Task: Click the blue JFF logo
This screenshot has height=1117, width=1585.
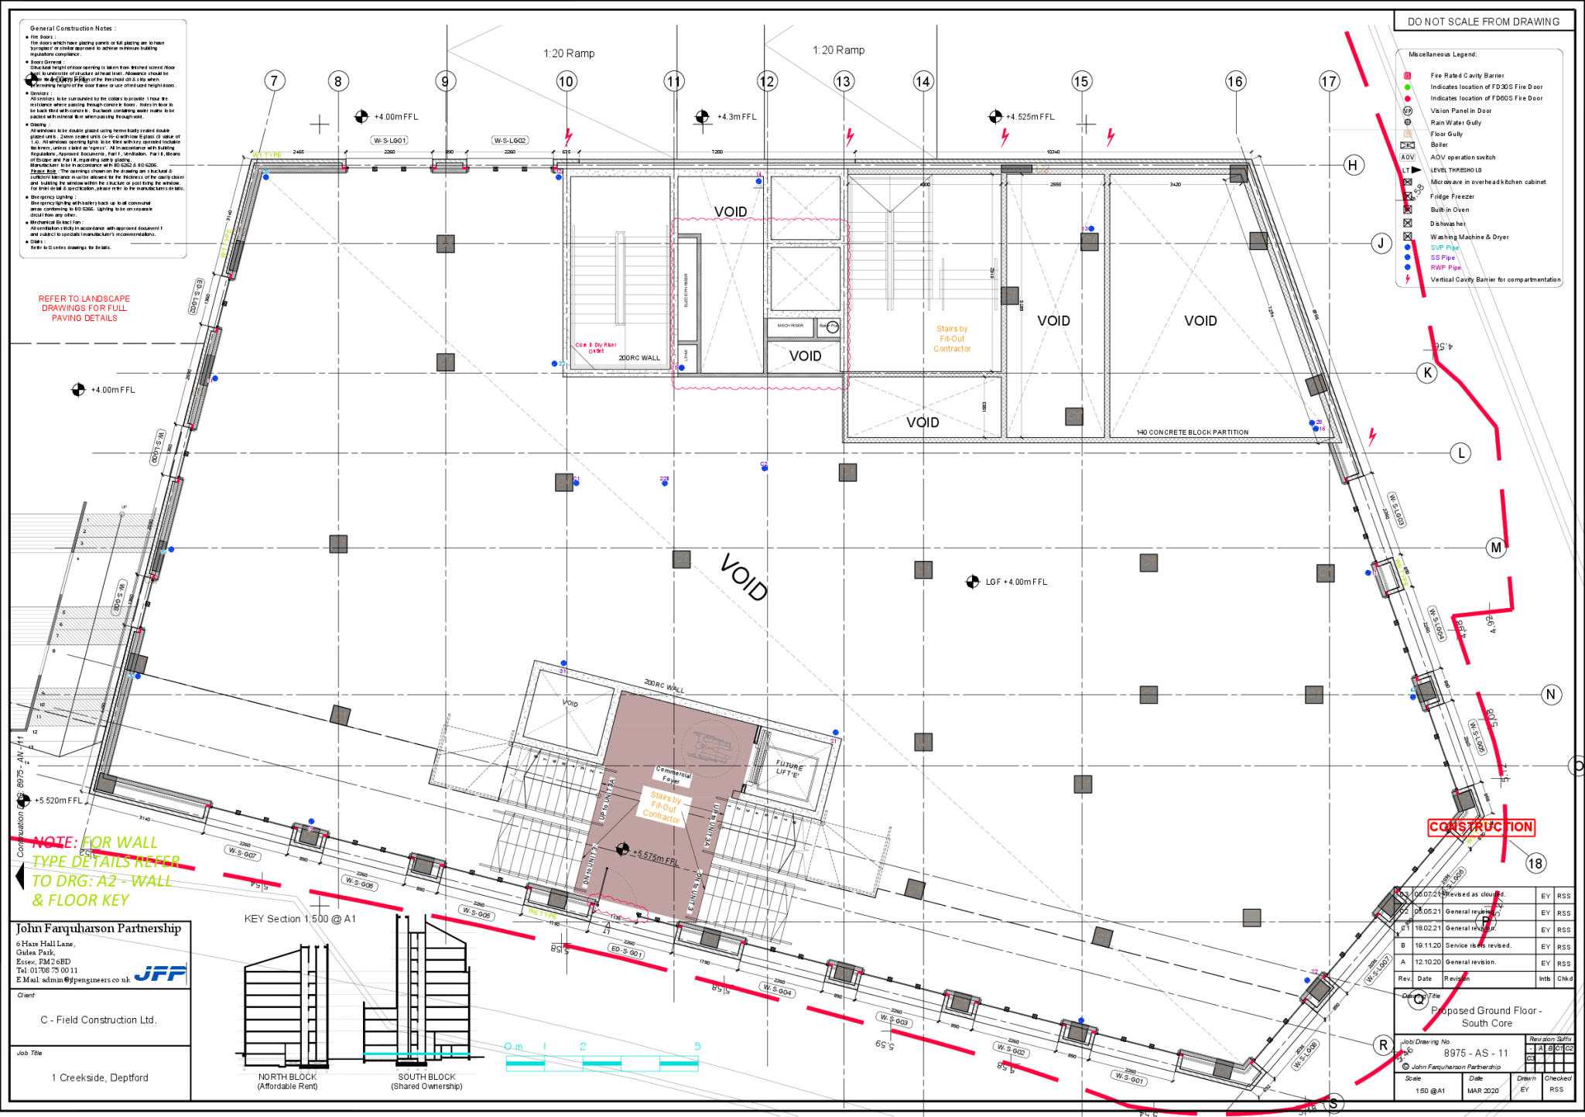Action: (x=160, y=973)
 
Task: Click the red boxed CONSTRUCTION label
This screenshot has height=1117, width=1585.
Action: (x=1481, y=827)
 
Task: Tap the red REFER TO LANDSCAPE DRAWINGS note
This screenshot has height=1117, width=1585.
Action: (x=84, y=308)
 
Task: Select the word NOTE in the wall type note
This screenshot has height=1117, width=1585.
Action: (x=55, y=842)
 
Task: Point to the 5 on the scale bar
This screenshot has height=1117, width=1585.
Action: (x=697, y=1047)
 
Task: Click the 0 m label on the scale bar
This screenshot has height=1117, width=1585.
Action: (x=514, y=1047)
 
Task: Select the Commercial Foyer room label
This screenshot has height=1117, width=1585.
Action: (x=673, y=775)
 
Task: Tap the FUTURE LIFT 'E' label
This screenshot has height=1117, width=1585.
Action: (x=789, y=769)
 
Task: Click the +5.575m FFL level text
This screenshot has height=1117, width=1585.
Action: (x=656, y=857)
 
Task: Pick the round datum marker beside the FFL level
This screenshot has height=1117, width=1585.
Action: (x=622, y=849)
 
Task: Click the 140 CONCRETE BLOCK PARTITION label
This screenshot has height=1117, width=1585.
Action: (x=1192, y=432)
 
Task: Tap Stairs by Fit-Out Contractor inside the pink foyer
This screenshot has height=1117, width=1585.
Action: (x=663, y=807)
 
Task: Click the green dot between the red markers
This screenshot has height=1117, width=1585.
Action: (x=1407, y=87)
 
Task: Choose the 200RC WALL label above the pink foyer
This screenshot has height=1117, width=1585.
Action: (x=665, y=686)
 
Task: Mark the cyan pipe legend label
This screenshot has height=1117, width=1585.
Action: (x=1444, y=248)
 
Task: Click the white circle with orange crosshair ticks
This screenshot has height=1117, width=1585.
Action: (x=833, y=327)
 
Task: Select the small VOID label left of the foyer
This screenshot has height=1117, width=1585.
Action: (x=570, y=703)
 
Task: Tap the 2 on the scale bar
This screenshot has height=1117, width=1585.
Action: (x=583, y=1047)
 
